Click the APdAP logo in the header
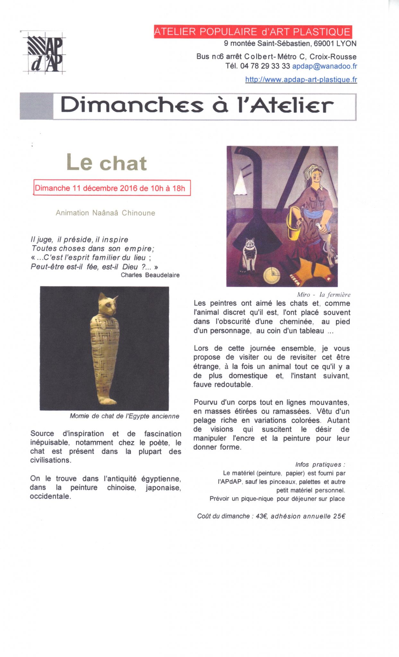tap(44, 53)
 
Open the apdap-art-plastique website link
tap(301, 80)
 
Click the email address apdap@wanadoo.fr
tap(324, 66)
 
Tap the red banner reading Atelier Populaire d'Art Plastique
tap(253, 32)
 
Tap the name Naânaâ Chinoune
tap(124, 213)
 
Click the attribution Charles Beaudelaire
tap(150, 275)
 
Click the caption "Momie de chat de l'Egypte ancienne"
tap(124, 416)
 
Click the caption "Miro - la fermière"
tap(323, 294)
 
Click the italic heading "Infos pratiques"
tap(320, 465)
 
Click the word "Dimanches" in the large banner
tap(132, 106)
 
